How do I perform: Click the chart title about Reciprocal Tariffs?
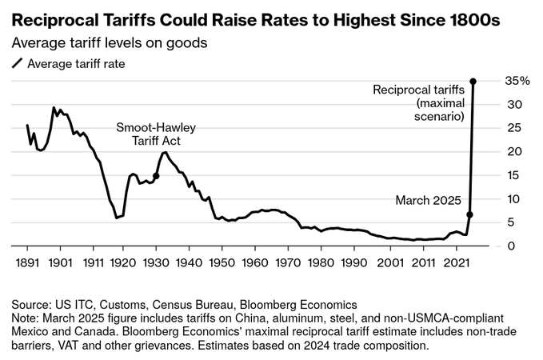[x=254, y=18]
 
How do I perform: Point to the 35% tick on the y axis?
[x=518, y=81]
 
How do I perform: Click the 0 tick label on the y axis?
[x=519, y=246]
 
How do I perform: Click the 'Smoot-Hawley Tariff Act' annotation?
[x=156, y=134]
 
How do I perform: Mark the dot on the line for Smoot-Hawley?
[x=156, y=176]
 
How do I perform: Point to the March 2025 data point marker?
[x=469, y=214]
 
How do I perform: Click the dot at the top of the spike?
[x=473, y=82]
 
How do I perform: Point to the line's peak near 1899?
[x=54, y=108]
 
